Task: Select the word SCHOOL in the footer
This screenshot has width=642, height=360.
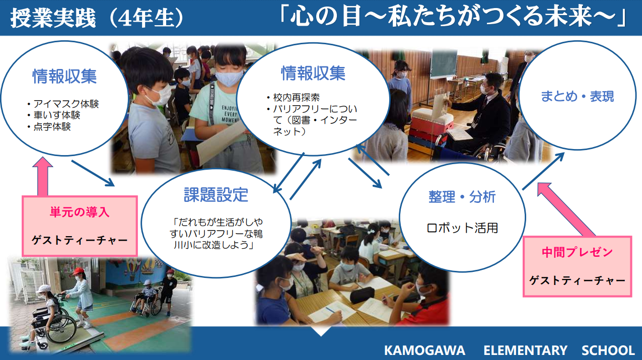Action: [608, 350]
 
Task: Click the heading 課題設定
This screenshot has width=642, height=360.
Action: [216, 195]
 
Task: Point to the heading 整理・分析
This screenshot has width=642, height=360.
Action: [462, 197]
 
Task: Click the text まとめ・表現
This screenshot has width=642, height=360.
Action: [577, 96]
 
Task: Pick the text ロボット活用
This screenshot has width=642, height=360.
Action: [462, 228]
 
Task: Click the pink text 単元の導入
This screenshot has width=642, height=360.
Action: [80, 212]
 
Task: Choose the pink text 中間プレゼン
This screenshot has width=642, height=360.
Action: [577, 252]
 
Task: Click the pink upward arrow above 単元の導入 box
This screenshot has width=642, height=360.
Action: [43, 176]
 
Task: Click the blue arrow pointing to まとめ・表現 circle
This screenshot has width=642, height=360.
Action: [543, 171]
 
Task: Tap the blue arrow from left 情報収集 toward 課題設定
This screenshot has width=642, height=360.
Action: [93, 173]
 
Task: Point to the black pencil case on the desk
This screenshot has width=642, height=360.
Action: [362, 295]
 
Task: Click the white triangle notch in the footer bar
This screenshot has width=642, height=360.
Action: [321, 331]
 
